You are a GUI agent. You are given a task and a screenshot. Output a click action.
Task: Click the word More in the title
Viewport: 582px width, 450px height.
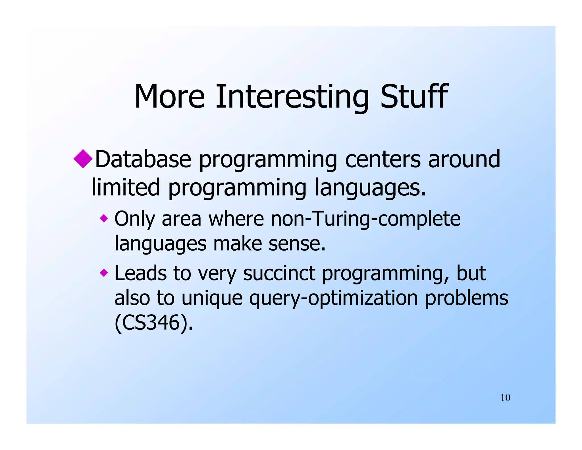point(169,97)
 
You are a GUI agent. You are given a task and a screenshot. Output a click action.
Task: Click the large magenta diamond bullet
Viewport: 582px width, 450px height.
point(83,159)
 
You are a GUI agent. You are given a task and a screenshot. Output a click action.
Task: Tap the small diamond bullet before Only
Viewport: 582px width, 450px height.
point(104,218)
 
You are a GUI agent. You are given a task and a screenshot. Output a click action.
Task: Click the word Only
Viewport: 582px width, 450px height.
point(134,219)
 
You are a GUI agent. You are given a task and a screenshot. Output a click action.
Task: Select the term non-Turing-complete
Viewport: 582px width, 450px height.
point(365,219)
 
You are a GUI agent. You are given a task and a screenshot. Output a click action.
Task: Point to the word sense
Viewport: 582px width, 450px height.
point(297,244)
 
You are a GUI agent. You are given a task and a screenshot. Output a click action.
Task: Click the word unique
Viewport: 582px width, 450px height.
point(212,299)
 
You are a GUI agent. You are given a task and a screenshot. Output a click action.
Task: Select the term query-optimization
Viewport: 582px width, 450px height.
point(333,299)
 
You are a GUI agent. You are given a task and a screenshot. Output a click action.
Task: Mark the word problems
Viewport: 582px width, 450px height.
point(466,299)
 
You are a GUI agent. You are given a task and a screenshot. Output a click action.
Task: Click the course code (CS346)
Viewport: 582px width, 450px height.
point(153,323)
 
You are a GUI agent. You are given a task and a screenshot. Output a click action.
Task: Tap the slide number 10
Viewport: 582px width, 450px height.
point(505,398)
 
